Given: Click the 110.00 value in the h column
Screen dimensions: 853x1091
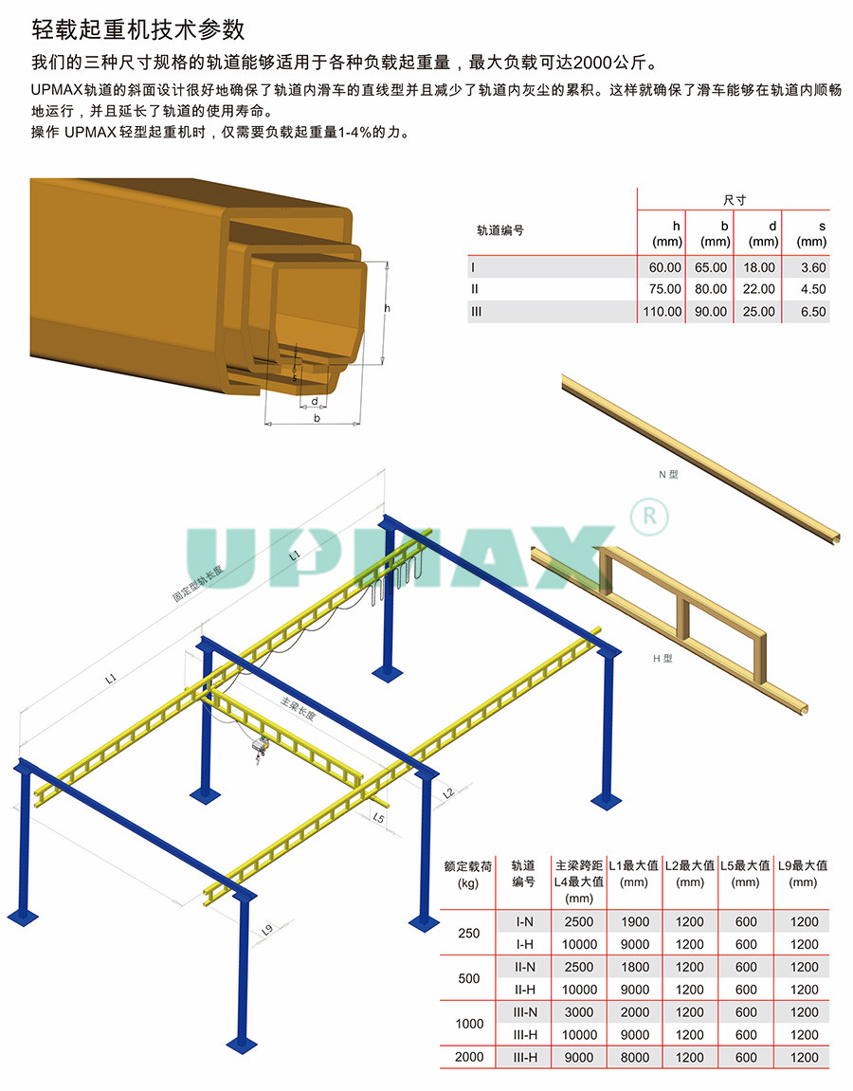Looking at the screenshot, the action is pos(662,312).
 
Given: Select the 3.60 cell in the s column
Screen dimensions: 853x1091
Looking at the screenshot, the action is pos(812,267).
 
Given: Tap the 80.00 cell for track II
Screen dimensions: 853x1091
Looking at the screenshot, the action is pos(711,289).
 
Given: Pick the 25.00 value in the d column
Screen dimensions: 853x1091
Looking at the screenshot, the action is pos(758,312).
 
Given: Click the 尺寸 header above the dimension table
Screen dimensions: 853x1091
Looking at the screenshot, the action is pos(734,200).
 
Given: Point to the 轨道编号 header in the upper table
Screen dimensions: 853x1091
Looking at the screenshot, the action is pos(499,230).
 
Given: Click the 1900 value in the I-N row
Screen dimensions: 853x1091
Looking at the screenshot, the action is pos(634,922).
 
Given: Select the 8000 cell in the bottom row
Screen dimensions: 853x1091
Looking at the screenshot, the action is pos(634,1058).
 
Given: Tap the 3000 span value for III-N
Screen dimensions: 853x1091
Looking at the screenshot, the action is pos(579,1012).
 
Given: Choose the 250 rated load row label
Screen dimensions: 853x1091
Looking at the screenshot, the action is pos(468,933).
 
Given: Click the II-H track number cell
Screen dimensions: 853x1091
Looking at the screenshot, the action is pos(524,990).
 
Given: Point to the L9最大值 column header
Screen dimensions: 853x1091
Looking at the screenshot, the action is pos(803,866).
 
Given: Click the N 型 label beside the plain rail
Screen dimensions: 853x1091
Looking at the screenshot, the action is pos(668,475).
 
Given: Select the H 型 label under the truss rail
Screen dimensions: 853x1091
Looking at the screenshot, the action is pos(662,658).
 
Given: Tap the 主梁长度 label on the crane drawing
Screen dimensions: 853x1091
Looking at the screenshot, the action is pos(299,708).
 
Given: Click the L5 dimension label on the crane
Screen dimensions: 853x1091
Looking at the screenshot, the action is pos(378,818).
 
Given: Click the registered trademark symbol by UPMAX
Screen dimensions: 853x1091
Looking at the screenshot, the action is pos(649,517).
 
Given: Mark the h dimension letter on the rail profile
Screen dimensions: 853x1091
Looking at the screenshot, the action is pos(388,308).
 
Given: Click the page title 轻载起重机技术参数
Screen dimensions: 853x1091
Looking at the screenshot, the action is pos(138,29).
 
